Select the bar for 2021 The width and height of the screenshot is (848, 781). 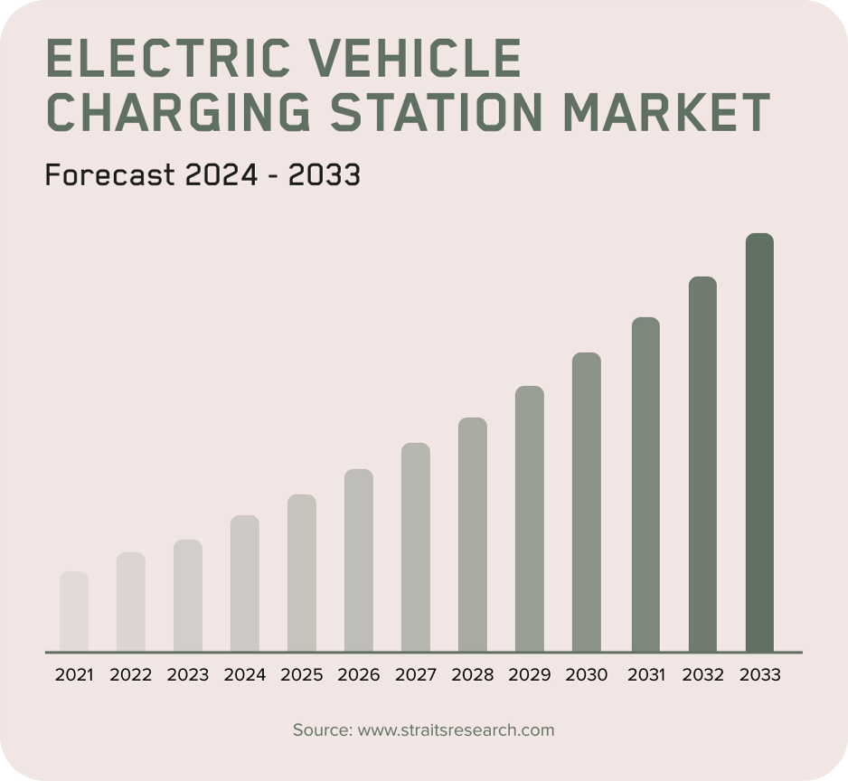pyautogui.click(x=74, y=611)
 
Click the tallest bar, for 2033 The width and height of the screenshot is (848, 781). pyautogui.click(x=759, y=443)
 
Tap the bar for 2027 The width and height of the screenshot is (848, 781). pyautogui.click(x=416, y=547)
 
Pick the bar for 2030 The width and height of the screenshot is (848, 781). pyautogui.click(x=587, y=502)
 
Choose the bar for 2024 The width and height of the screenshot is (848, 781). pyautogui.click(x=245, y=583)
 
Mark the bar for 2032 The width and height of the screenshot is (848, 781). pyautogui.click(x=702, y=464)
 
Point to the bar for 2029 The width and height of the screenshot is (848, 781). pyautogui.click(x=530, y=519)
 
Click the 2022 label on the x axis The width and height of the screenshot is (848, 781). pyautogui.click(x=131, y=675)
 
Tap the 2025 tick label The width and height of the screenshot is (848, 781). pyautogui.click(x=302, y=675)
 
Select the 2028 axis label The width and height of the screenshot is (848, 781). pyautogui.click(x=473, y=675)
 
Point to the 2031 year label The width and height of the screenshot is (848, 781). pyautogui.click(x=645, y=675)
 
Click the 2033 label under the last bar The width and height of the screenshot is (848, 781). pyautogui.click(x=759, y=675)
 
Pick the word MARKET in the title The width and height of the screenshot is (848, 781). pyautogui.click(x=665, y=114)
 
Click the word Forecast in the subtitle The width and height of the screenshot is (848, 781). pyautogui.click(x=109, y=174)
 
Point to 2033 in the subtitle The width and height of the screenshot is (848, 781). pyautogui.click(x=324, y=174)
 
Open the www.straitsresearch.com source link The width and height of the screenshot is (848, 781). pyautogui.click(x=456, y=729)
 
